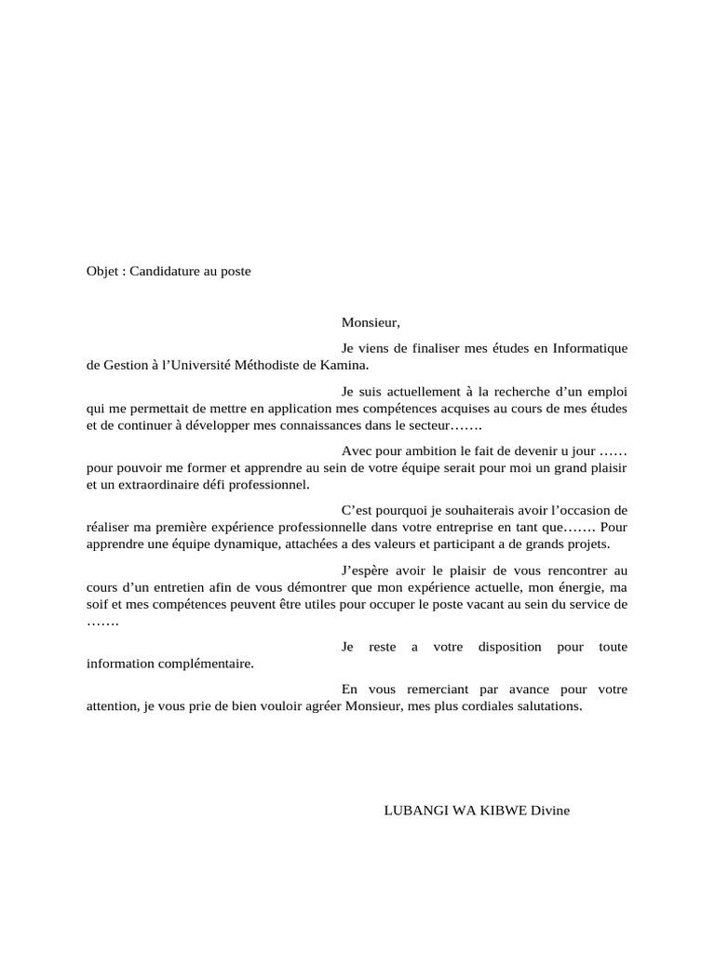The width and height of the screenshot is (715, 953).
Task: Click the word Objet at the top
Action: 101,272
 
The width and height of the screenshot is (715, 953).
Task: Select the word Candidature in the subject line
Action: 165,272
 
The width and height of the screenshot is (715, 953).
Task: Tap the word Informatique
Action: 590,348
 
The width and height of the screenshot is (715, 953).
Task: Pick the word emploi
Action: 605,391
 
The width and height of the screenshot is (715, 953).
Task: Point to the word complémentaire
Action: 200,664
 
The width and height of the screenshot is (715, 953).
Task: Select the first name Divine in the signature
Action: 550,811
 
